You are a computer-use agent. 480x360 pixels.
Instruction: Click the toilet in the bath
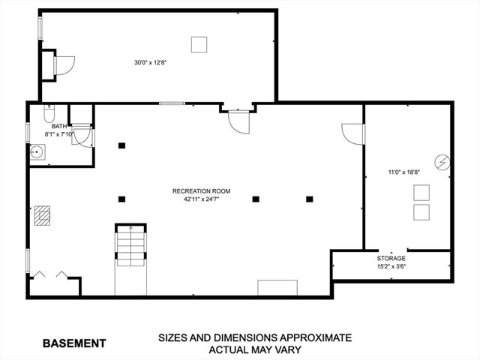49,113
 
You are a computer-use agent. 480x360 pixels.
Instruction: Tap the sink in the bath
37,151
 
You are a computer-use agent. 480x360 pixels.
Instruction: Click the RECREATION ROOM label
202,191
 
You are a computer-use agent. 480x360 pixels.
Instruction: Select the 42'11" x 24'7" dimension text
202,199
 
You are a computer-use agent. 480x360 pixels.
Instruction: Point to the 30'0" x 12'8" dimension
150,63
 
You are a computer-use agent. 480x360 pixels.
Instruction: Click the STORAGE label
391,258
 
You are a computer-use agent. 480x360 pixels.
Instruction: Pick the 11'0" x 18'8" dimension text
404,172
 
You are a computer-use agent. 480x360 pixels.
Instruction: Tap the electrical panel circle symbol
442,163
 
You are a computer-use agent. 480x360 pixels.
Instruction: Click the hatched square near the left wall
42,216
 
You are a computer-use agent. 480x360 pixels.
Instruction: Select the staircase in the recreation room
130,245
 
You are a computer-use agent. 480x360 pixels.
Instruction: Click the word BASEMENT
74,343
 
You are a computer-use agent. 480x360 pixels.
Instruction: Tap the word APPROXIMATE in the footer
316,338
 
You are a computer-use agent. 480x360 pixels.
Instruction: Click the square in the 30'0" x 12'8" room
199,45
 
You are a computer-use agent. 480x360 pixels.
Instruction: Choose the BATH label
59,127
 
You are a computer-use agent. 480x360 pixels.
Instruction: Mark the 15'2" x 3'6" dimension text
391,267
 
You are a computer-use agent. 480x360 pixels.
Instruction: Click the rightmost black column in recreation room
310,199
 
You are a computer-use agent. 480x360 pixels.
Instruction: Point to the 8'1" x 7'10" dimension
59,134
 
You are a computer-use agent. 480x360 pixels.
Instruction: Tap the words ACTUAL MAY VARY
255,349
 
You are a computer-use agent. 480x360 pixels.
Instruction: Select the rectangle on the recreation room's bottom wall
277,288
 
